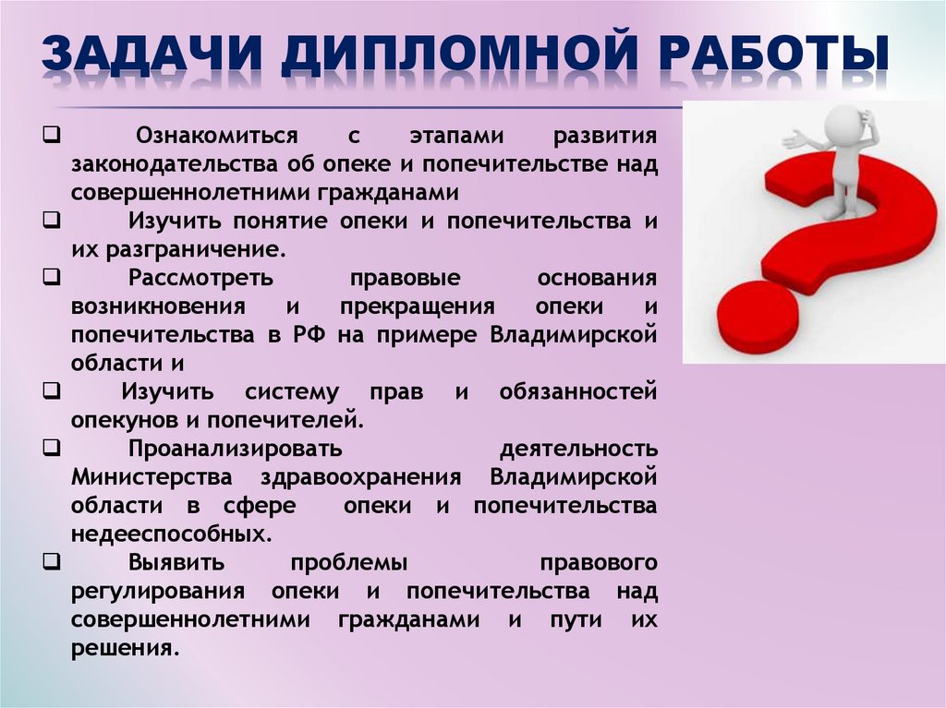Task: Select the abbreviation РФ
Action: coord(306,334)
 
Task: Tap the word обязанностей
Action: coord(578,391)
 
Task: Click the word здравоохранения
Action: coord(359,477)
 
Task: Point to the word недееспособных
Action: coord(171,534)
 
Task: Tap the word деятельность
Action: coord(578,449)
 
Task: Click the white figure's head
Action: coord(842,121)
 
